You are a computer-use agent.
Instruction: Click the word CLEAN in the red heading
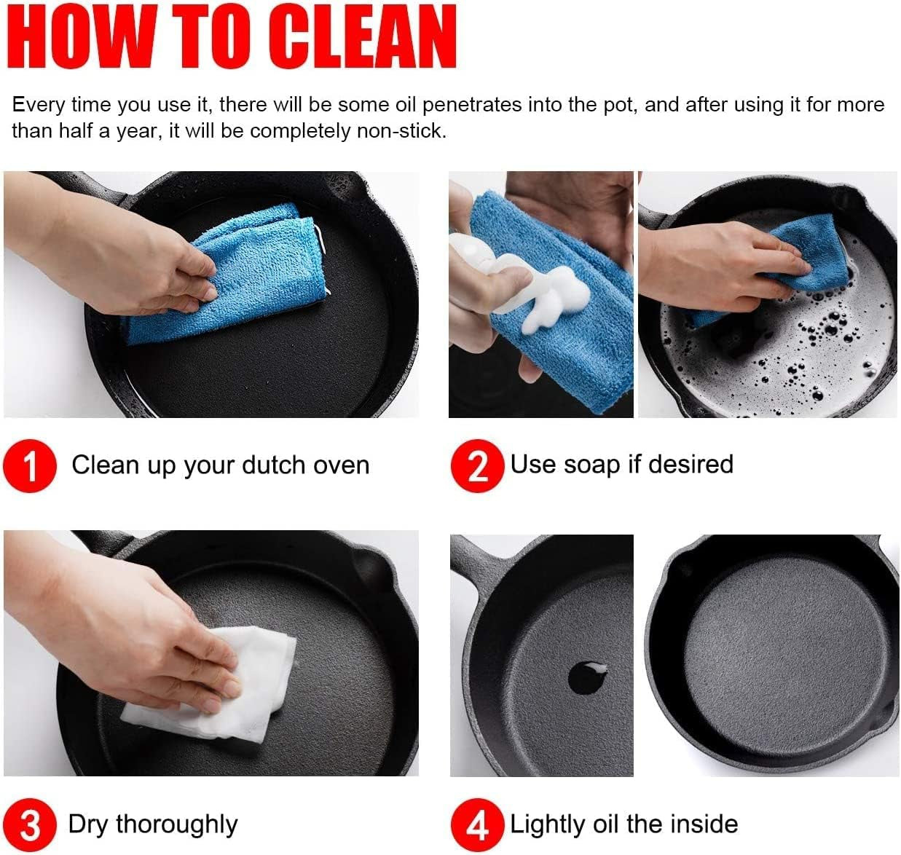click(x=362, y=36)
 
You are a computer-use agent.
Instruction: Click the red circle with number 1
click(x=30, y=465)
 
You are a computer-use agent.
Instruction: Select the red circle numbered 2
click(x=478, y=465)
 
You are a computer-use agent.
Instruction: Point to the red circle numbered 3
click(x=30, y=824)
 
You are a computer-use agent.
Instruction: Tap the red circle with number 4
click(x=478, y=824)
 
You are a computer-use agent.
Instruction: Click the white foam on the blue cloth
click(x=550, y=293)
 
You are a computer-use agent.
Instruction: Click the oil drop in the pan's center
click(x=587, y=678)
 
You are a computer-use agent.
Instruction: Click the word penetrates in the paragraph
click(x=472, y=106)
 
